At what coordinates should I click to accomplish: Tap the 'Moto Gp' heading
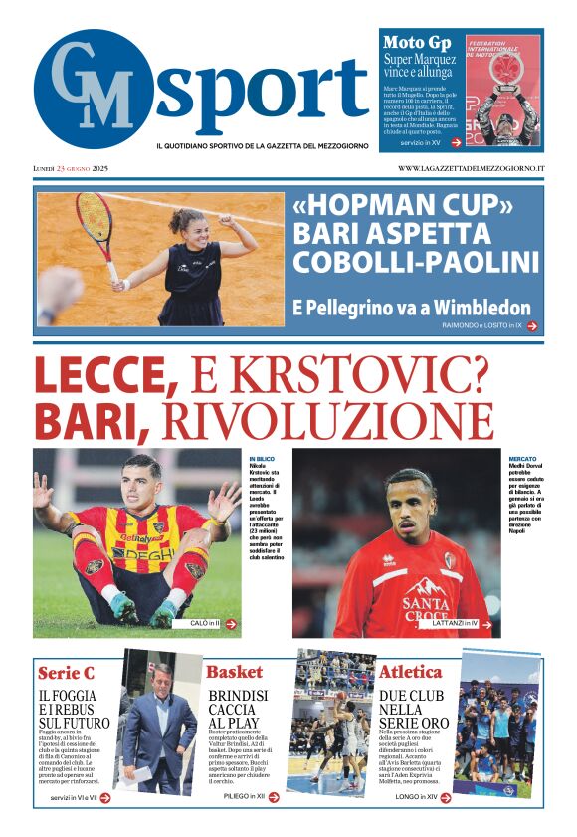pos(418,43)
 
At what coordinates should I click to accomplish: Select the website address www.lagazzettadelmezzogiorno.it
pos(471,168)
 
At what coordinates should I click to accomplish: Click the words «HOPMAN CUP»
pos(403,206)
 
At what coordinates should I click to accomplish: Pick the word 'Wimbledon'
pos(479,308)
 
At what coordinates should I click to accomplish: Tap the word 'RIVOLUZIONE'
pos(327,420)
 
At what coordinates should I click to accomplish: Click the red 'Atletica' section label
pos(410,672)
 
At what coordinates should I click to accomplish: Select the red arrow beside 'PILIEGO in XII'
pos(274,797)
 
